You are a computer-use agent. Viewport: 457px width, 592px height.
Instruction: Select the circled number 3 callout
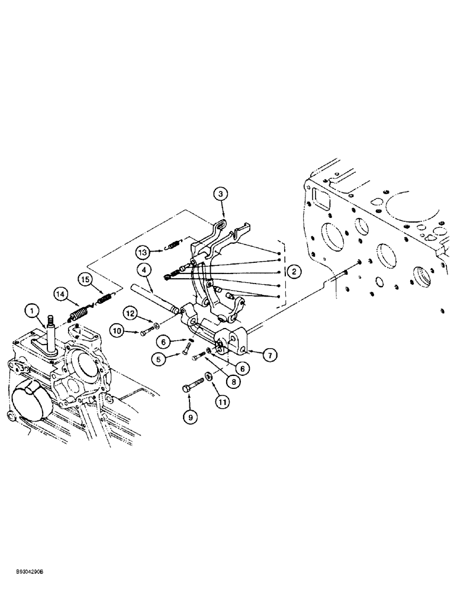(220, 194)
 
